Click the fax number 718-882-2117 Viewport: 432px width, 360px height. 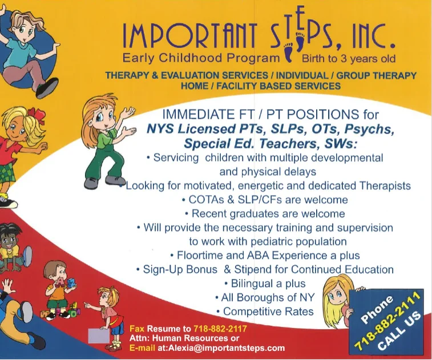[x=220, y=329]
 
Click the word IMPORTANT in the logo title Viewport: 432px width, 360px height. [x=190, y=37]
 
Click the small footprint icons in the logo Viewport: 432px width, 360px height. [x=294, y=47]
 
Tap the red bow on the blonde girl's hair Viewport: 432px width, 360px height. [x=35, y=114]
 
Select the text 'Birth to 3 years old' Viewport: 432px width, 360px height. [x=349, y=59]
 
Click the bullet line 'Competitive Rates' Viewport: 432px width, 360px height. [x=265, y=312]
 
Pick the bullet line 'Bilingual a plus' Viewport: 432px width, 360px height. [x=265, y=284]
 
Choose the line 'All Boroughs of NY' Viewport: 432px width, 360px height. [x=265, y=297]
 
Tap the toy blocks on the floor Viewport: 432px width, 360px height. [x=61, y=312]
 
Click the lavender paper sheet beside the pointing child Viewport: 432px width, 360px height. [x=99, y=335]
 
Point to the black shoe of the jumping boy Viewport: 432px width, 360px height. [x=47, y=88]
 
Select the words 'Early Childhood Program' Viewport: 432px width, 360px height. [x=201, y=58]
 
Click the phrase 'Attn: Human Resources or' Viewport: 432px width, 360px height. [x=184, y=338]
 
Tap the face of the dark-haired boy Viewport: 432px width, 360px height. [x=10, y=239]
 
